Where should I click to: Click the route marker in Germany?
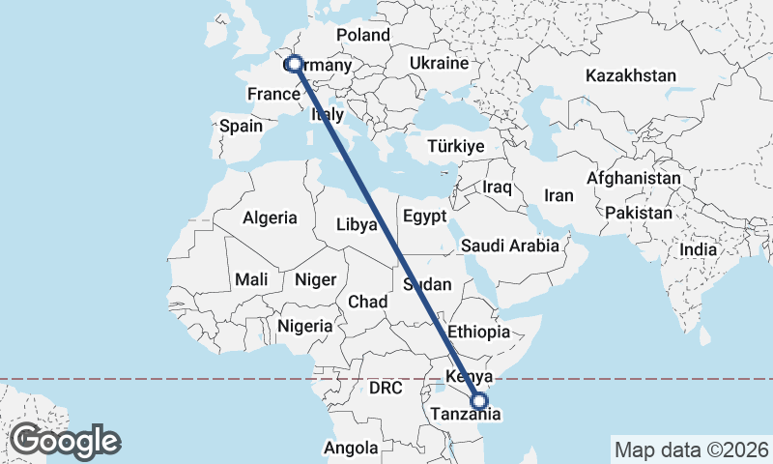[294, 63]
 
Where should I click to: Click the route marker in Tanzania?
[478, 400]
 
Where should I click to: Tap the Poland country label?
[362, 36]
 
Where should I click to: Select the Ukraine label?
[439, 63]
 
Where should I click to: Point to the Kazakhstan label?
[631, 75]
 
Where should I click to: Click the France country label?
[273, 94]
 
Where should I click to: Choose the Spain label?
[241, 126]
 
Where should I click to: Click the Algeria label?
[270, 218]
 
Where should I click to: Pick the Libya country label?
[357, 224]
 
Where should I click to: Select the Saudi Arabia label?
[510, 246]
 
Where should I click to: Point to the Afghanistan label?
[634, 179]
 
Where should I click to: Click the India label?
[699, 249]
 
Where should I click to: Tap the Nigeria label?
[305, 327]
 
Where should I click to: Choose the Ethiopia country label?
[478, 332]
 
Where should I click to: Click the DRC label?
[385, 388]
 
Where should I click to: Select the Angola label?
[351, 448]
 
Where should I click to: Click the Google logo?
[65, 441]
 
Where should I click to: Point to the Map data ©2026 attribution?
[691, 449]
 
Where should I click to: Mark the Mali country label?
[252, 279]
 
